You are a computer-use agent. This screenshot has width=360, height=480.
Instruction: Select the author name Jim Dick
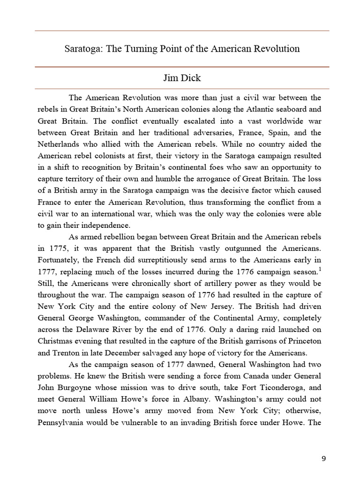(x=182, y=78)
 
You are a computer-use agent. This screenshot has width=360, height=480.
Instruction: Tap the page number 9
(x=323, y=458)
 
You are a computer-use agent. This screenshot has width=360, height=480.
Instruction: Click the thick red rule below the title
(x=182, y=67)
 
